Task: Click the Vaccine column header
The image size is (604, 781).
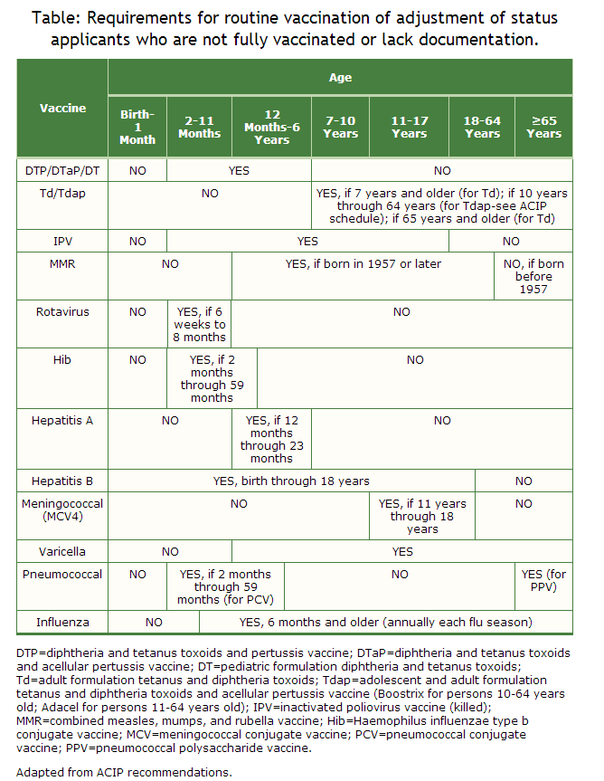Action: (x=62, y=109)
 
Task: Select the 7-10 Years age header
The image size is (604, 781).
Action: (x=340, y=127)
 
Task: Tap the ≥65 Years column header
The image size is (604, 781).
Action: (x=543, y=127)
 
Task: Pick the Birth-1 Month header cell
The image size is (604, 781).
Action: (x=137, y=127)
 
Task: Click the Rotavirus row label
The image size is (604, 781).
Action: (x=62, y=312)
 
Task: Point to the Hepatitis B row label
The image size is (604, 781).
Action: (x=62, y=481)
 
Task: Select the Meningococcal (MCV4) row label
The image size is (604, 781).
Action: (x=62, y=510)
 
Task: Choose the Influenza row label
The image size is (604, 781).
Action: (x=62, y=623)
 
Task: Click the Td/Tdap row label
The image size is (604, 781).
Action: (x=62, y=193)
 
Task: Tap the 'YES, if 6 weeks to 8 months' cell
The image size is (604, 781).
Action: (x=200, y=325)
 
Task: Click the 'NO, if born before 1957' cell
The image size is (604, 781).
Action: (x=533, y=277)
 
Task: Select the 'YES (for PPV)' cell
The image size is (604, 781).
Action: (x=543, y=580)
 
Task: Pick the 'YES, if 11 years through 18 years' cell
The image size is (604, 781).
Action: (x=422, y=517)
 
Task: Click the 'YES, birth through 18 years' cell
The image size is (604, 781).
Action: (x=291, y=481)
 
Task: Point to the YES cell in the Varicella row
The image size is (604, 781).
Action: (x=402, y=551)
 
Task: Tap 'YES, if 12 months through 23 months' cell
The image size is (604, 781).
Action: (x=271, y=439)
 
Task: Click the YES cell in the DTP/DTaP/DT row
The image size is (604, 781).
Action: (x=239, y=170)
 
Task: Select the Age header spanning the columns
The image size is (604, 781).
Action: (x=340, y=78)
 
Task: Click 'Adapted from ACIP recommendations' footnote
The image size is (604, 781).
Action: (x=124, y=772)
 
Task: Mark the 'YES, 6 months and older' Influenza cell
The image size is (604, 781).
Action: (x=385, y=623)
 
